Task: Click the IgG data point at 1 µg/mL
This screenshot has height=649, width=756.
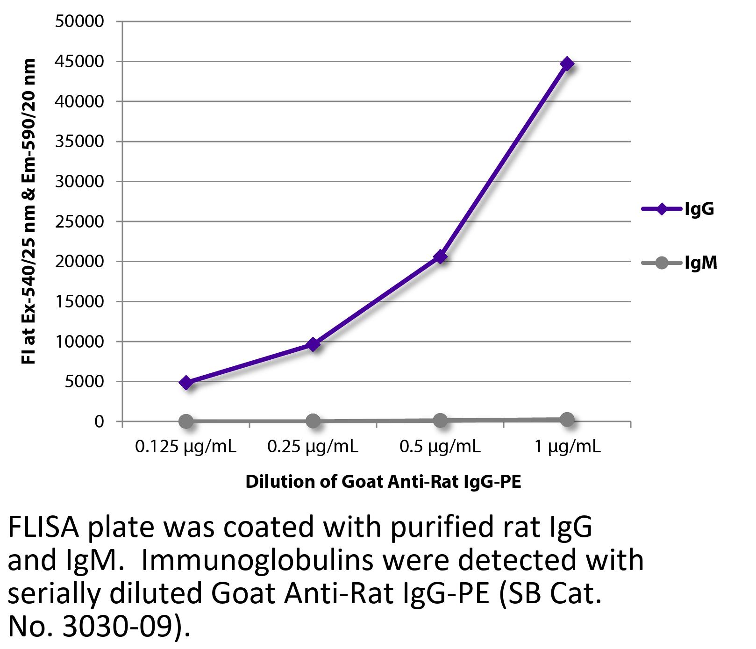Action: click(x=567, y=64)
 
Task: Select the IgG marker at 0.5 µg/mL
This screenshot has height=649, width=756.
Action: click(x=440, y=257)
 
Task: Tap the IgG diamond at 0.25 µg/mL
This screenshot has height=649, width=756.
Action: click(x=313, y=344)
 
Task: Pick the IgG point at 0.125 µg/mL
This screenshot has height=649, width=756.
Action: click(x=186, y=383)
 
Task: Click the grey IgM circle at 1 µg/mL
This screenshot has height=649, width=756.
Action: click(x=567, y=420)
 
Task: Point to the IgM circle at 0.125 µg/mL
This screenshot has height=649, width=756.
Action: click(x=186, y=421)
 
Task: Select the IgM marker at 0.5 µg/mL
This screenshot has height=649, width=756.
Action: click(x=440, y=421)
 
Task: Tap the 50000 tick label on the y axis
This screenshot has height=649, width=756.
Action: click(x=79, y=21)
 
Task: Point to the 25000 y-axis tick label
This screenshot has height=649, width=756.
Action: click(x=79, y=221)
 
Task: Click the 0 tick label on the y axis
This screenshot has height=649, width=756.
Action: click(x=99, y=421)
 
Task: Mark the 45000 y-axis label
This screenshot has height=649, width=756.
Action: click(x=79, y=61)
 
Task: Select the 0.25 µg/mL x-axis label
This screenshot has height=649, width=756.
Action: click(x=313, y=447)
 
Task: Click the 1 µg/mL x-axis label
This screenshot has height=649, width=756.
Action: click(x=567, y=447)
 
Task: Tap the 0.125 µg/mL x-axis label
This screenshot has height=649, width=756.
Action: click(x=185, y=447)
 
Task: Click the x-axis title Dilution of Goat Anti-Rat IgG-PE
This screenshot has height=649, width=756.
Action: click(x=383, y=481)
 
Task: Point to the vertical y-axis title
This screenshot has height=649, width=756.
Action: click(x=29, y=211)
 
